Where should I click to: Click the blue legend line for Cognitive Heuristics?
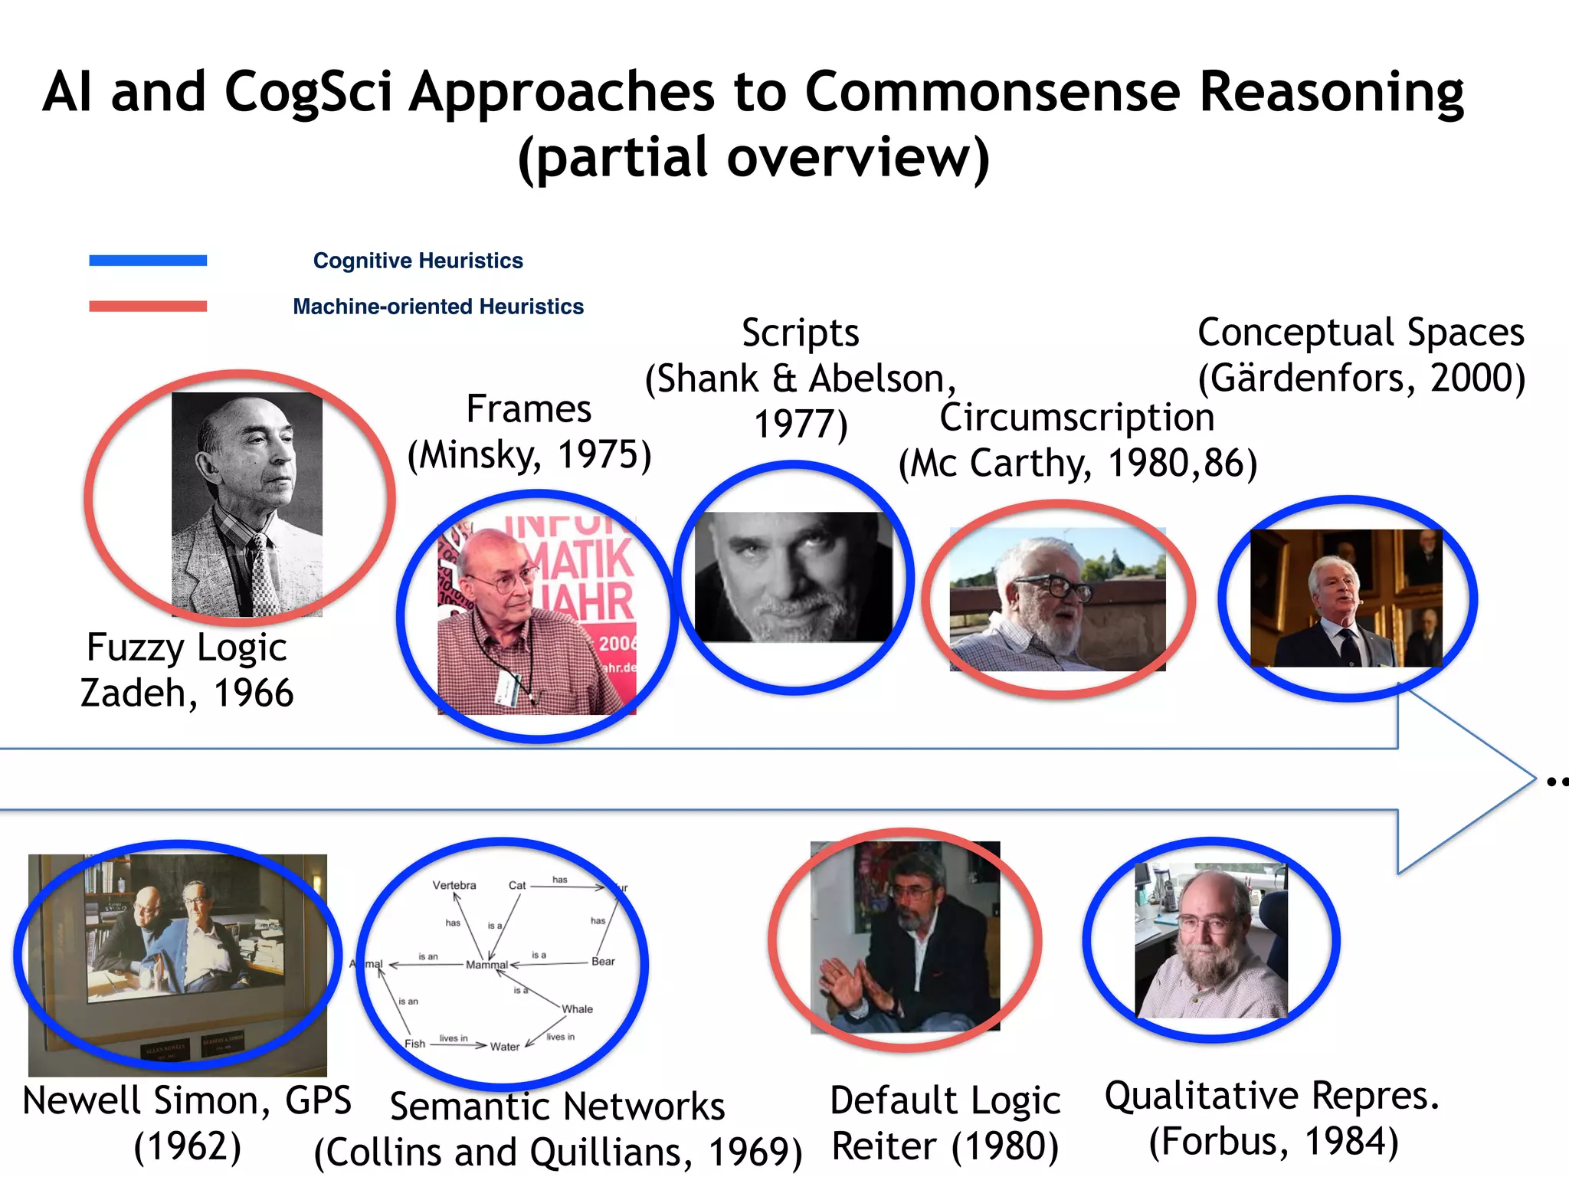tap(148, 261)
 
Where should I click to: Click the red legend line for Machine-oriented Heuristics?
tap(148, 307)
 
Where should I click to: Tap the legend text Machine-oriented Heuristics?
tap(437, 307)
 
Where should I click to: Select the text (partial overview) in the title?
tap(754, 158)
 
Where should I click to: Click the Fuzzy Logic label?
tap(186, 648)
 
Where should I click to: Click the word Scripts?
tap(800, 333)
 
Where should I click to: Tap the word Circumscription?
tap(1076, 418)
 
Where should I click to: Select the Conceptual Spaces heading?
tap(1361, 333)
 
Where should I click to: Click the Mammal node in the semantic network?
tap(486, 965)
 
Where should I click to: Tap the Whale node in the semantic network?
tap(577, 1009)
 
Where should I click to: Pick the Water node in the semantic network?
tap(505, 1047)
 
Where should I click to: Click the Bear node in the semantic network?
tap(603, 962)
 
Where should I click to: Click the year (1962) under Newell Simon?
tap(188, 1146)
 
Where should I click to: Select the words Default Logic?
tap(945, 1100)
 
